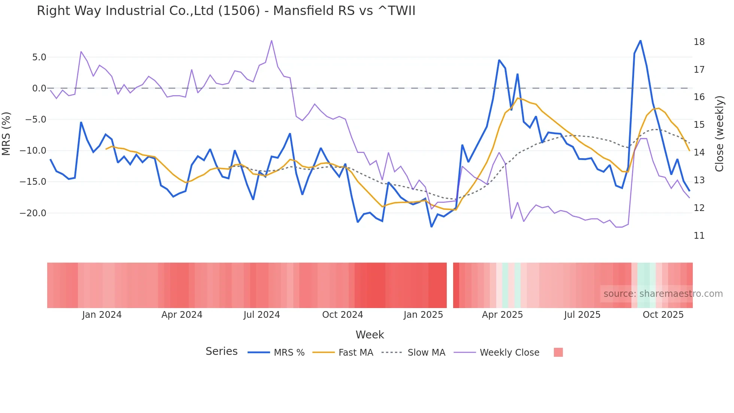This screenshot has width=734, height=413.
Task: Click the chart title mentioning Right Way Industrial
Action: click(x=226, y=10)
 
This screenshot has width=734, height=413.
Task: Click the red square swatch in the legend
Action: click(x=558, y=352)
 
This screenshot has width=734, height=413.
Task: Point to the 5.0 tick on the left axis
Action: click(x=39, y=57)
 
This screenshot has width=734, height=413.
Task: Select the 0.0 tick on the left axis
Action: click(x=39, y=88)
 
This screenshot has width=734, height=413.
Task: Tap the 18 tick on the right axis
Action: click(x=699, y=42)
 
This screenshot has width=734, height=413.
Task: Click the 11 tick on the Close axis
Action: click(x=699, y=236)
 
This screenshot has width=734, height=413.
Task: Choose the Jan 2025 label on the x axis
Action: click(x=423, y=315)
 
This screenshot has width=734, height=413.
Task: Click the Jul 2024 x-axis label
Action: click(x=261, y=315)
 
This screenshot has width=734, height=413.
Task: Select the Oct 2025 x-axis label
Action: click(x=663, y=315)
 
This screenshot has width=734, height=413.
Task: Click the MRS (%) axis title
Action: click(x=6, y=134)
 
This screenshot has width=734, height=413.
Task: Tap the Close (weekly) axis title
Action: click(x=719, y=134)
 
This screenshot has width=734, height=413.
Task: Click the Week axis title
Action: click(x=370, y=335)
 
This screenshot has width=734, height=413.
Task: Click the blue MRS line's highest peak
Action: click(x=640, y=40)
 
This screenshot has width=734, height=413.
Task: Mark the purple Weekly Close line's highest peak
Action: click(x=272, y=40)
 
